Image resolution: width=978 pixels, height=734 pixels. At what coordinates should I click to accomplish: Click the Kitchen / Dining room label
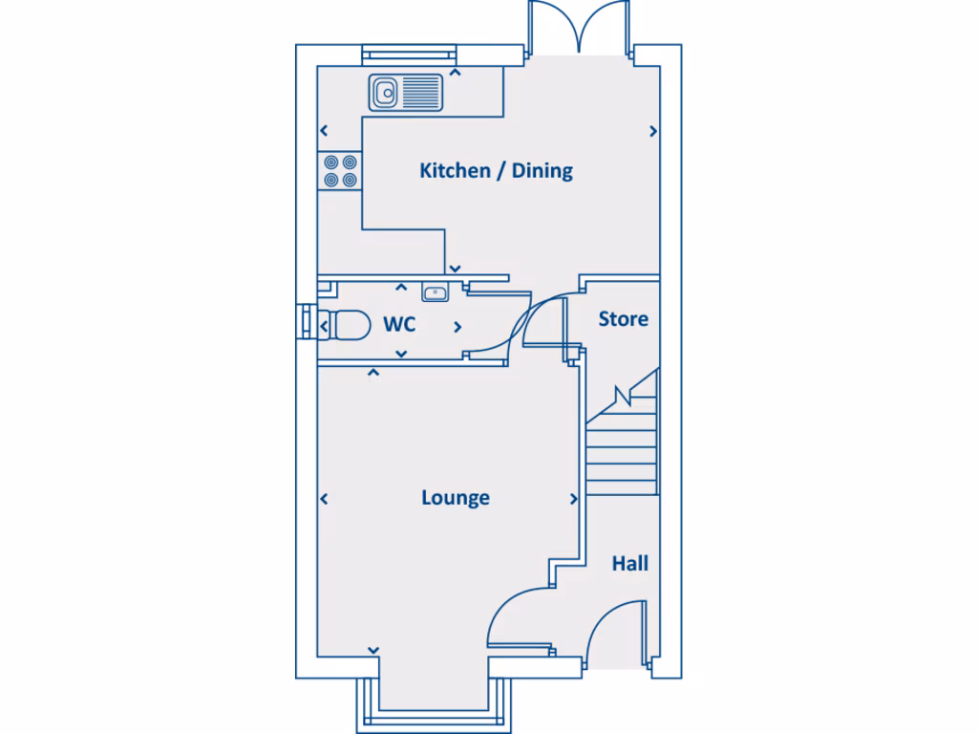[x=496, y=171]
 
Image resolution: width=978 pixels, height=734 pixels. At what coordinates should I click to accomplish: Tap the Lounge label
[x=456, y=498]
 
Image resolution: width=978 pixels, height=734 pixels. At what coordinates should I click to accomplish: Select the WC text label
[x=399, y=325]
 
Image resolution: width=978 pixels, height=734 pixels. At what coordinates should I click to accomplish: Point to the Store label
[x=623, y=319]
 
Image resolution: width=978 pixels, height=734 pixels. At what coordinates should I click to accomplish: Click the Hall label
[x=629, y=564]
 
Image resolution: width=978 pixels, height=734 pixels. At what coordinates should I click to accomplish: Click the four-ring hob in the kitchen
[x=340, y=170]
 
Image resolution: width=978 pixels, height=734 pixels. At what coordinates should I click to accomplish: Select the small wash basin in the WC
[x=436, y=291]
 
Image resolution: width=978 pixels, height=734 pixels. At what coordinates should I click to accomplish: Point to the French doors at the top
[x=578, y=29]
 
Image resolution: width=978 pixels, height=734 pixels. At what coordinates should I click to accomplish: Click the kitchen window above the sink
[x=406, y=55]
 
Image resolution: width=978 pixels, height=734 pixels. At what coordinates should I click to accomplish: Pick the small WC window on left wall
[x=305, y=321]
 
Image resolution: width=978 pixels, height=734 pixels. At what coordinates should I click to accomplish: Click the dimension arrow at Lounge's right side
[x=574, y=499]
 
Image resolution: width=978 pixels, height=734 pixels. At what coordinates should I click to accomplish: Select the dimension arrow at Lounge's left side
[x=325, y=499]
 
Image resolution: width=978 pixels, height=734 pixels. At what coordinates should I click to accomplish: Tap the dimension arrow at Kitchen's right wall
[x=653, y=132]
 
